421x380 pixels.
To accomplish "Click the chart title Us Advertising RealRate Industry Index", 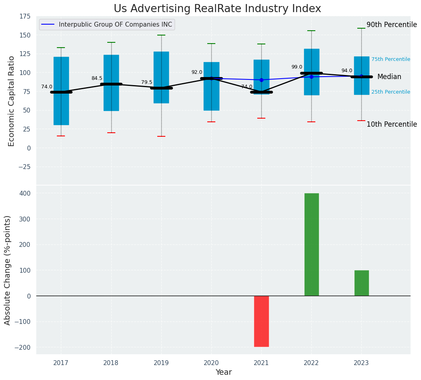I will pyautogui.click(x=217, y=9).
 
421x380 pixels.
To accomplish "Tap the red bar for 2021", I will pyautogui.click(x=261, y=321).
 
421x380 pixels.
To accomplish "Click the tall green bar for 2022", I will pyautogui.click(x=311, y=244).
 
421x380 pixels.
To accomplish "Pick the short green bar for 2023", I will pyautogui.click(x=361, y=283).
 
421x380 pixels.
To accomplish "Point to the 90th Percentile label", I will pyautogui.click(x=392, y=25).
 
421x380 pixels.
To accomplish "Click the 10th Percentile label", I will pyautogui.click(x=392, y=124).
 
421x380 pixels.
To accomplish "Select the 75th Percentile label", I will pyautogui.click(x=390, y=59).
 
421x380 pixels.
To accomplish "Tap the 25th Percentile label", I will pyautogui.click(x=390, y=92).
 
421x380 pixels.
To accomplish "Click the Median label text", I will pyautogui.click(x=389, y=77).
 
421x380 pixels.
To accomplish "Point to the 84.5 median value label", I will pyautogui.click(x=97, y=78).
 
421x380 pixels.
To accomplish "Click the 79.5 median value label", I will pyautogui.click(x=147, y=82).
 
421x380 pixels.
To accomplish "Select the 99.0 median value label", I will pyautogui.click(x=297, y=67).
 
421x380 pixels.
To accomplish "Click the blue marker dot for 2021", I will pyautogui.click(x=261, y=80).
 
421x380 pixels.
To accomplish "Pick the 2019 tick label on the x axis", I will pyautogui.click(x=161, y=363).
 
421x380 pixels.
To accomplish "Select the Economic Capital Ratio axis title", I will pyautogui.click(x=11, y=101).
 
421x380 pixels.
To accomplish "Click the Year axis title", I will pyautogui.click(x=223, y=372).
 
